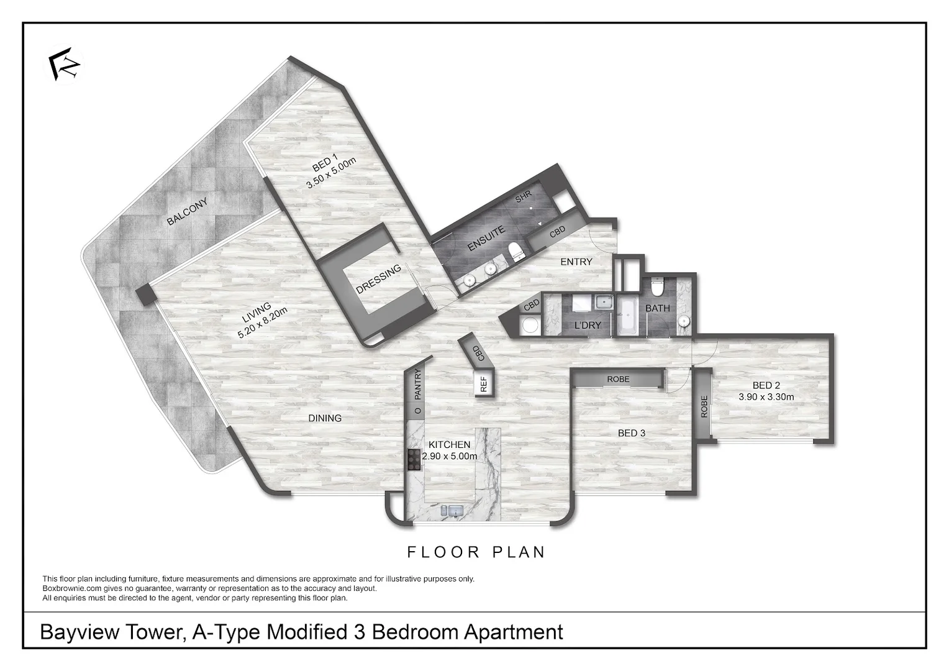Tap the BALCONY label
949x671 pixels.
[186, 212]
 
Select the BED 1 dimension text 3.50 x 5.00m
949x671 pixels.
[331, 173]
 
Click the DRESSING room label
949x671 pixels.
[378, 280]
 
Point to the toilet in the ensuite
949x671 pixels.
[515, 252]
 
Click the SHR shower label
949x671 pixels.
[524, 197]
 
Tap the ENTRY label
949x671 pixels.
[576, 262]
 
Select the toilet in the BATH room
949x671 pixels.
[658, 288]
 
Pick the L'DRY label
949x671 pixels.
[587, 325]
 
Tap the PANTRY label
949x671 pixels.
[418, 384]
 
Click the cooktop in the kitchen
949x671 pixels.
[414, 459]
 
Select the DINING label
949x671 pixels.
[325, 418]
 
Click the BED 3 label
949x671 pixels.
[631, 433]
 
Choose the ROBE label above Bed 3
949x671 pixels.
[618, 379]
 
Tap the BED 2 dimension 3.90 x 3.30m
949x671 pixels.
[766, 396]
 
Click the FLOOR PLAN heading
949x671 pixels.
[476, 552]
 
